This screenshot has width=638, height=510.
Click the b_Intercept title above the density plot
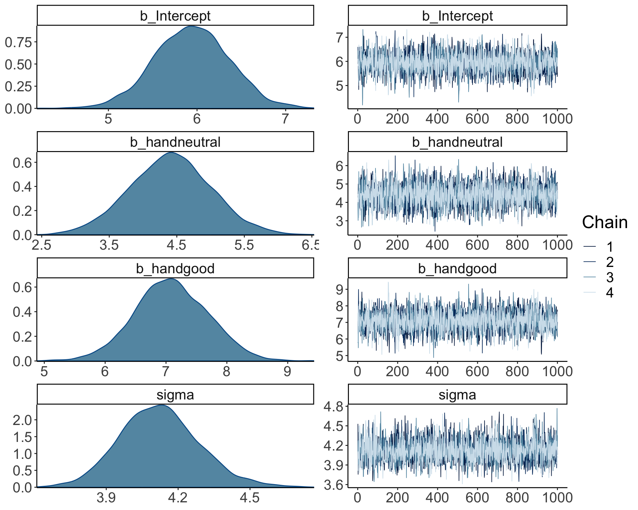(175, 16)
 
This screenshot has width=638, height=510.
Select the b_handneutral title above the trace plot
(457, 142)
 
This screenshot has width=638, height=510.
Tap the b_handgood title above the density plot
(175, 269)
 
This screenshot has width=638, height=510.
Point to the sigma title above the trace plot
(457, 395)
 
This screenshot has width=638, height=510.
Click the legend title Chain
(605, 222)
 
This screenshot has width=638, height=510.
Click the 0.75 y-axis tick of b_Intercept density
(18, 42)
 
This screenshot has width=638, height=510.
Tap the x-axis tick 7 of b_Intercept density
(285, 119)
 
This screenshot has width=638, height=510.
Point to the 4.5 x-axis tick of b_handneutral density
(176, 245)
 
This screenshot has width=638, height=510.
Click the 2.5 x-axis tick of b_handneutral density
(42, 245)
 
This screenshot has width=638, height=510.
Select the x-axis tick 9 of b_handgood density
(287, 371)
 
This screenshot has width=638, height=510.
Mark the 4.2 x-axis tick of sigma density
(178, 497)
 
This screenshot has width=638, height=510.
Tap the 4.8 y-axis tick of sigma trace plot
(334, 406)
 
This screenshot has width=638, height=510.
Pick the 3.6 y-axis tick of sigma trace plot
(334, 485)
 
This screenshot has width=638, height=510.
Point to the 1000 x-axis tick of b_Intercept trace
(557, 119)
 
